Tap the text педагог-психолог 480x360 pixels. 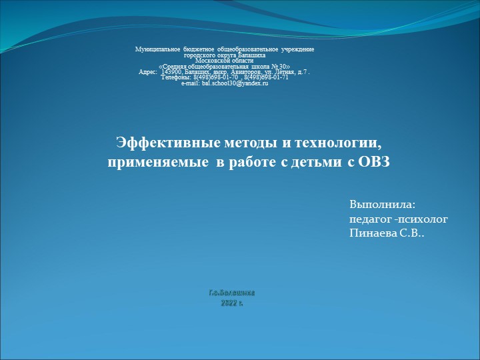399,218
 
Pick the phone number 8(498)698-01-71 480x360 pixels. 266,77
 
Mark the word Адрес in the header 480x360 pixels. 147,71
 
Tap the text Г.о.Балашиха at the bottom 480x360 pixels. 231,293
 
